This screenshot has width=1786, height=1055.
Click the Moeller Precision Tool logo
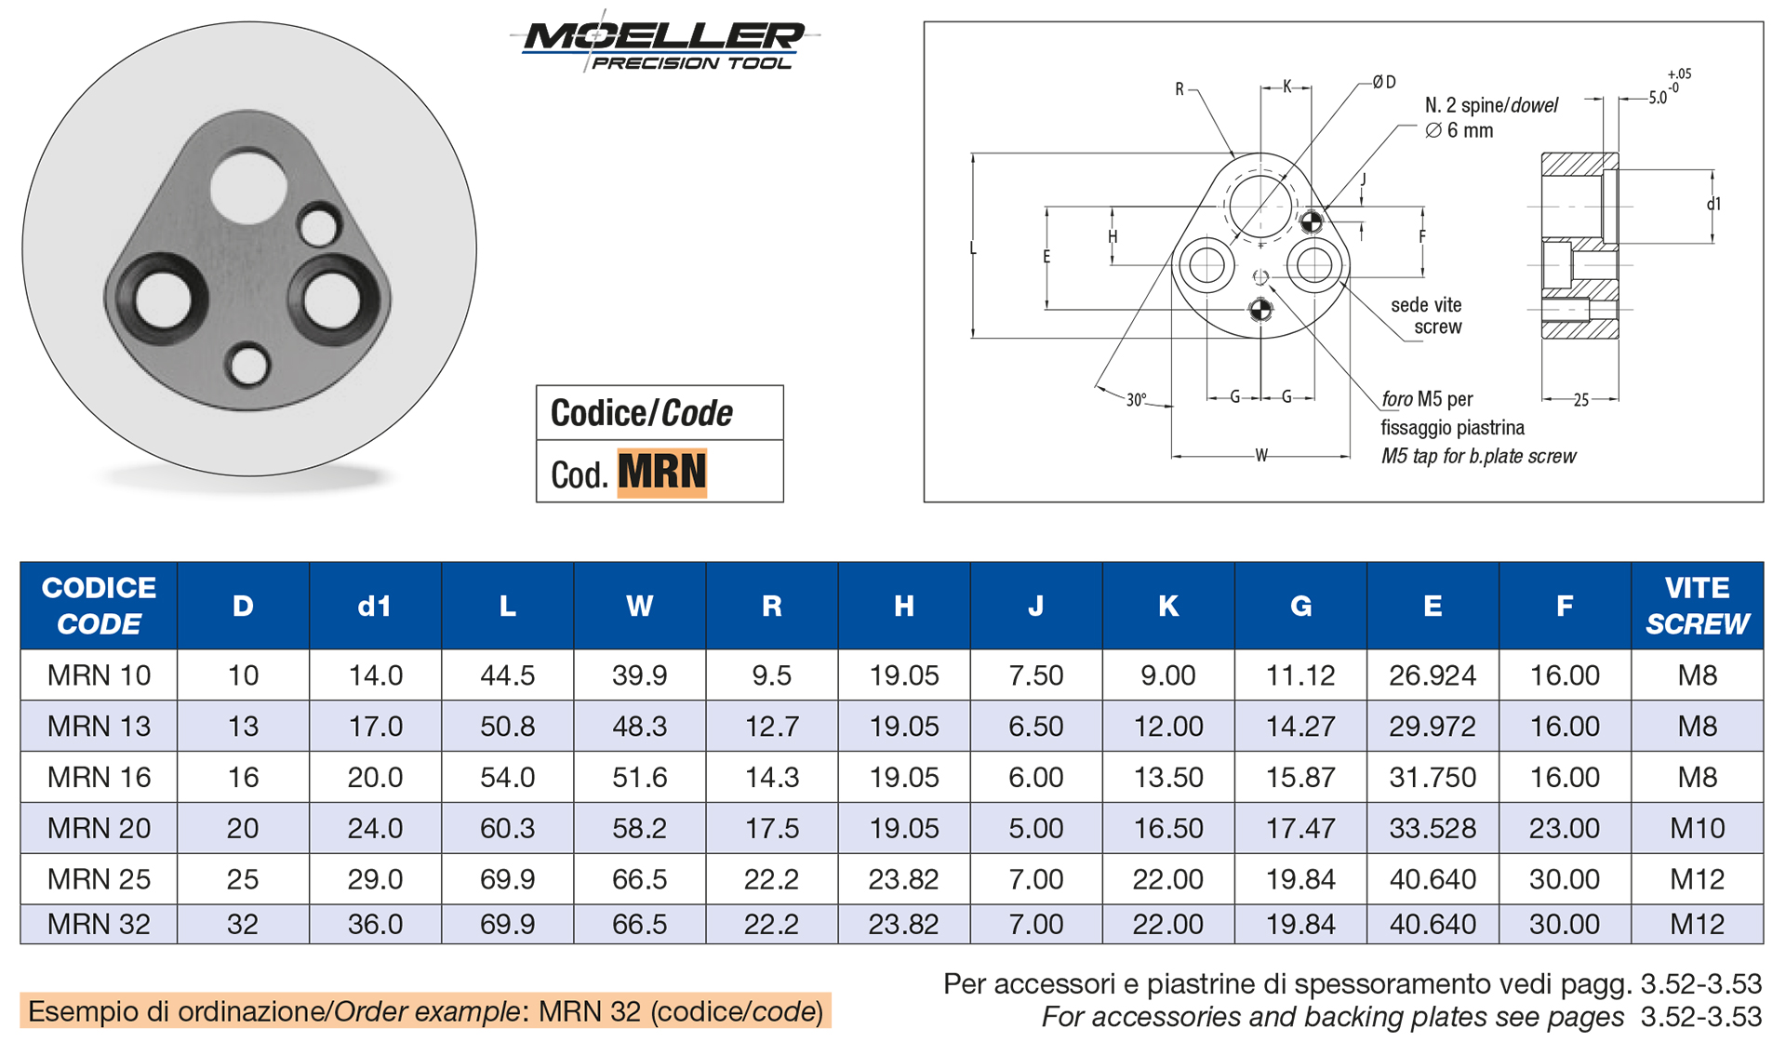(662, 44)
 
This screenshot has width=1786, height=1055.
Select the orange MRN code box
(661, 473)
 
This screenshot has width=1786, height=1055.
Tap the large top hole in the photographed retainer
(248, 185)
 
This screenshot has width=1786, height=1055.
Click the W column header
(639, 606)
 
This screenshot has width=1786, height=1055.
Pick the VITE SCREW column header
(1697, 606)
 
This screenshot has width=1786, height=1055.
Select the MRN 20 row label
(99, 828)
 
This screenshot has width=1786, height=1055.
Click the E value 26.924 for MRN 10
(1433, 675)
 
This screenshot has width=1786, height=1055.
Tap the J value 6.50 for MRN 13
(1035, 727)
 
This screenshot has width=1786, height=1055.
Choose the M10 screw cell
(1697, 828)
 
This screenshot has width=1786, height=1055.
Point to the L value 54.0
(507, 778)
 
